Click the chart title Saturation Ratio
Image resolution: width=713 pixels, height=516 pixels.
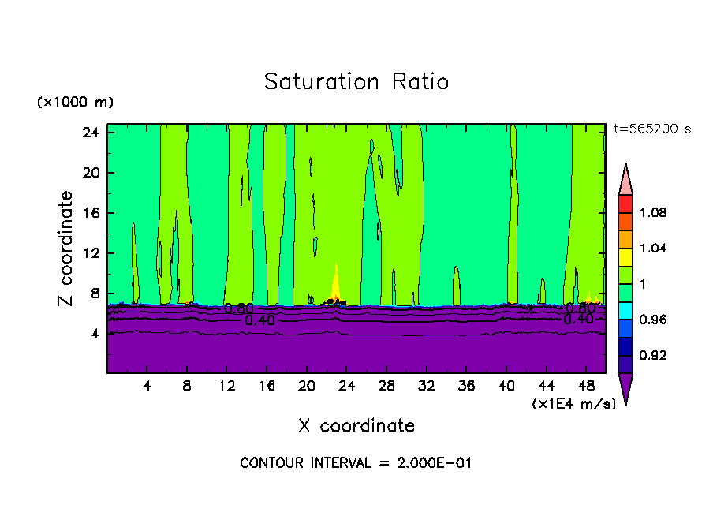[356, 82]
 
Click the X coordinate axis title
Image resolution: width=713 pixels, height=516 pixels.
[356, 426]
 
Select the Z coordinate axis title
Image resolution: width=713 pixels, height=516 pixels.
[66, 249]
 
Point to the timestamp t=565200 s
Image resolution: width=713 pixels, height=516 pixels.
[651, 129]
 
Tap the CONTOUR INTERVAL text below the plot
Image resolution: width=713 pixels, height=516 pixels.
[356, 463]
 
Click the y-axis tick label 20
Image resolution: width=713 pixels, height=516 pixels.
[90, 173]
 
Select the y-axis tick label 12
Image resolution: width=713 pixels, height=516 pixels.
[90, 253]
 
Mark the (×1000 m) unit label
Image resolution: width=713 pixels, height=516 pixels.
[75, 103]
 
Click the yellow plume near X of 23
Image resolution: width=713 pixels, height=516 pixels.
[337, 282]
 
